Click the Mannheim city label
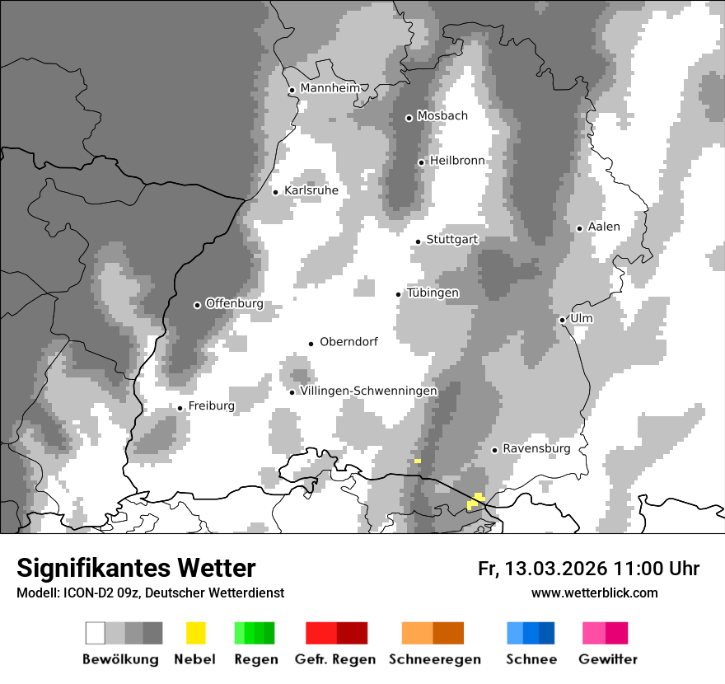click(x=330, y=88)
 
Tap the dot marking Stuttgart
click(x=419, y=241)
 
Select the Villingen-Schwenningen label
click(x=368, y=391)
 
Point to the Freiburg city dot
click(x=180, y=408)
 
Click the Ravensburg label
click(x=536, y=449)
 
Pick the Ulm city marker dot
click(x=562, y=320)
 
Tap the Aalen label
click(x=604, y=227)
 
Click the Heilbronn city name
click(x=457, y=161)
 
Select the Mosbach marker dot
click(x=409, y=118)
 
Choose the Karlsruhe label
click(x=311, y=190)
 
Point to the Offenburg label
click(x=234, y=303)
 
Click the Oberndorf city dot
click(x=311, y=344)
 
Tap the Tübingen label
click(x=433, y=293)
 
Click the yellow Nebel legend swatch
click(x=195, y=633)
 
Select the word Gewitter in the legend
click(x=607, y=659)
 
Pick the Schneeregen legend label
click(x=434, y=659)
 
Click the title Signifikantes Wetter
click(x=136, y=568)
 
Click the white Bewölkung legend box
click(x=96, y=633)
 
